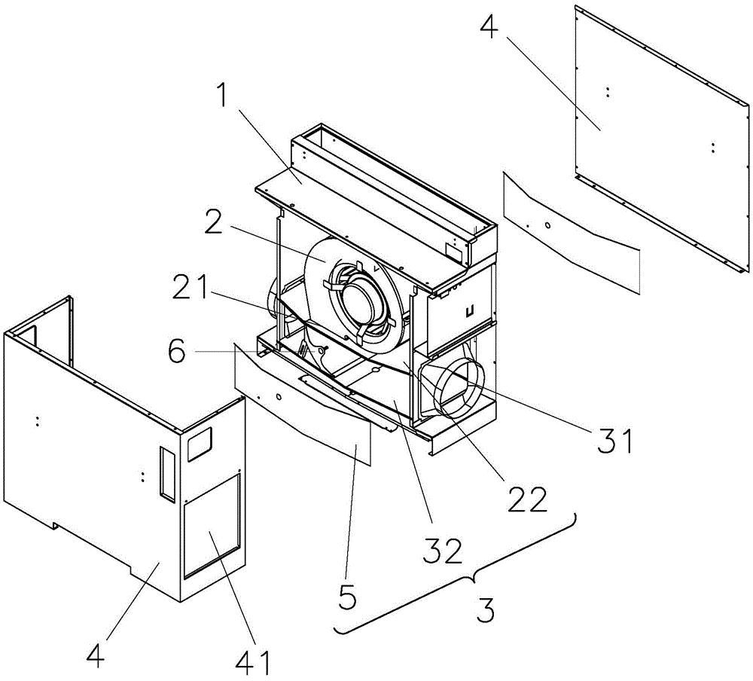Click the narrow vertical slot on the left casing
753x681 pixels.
click(164, 471)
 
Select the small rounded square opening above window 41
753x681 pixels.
click(199, 445)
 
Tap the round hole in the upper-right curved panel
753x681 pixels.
click(547, 224)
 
